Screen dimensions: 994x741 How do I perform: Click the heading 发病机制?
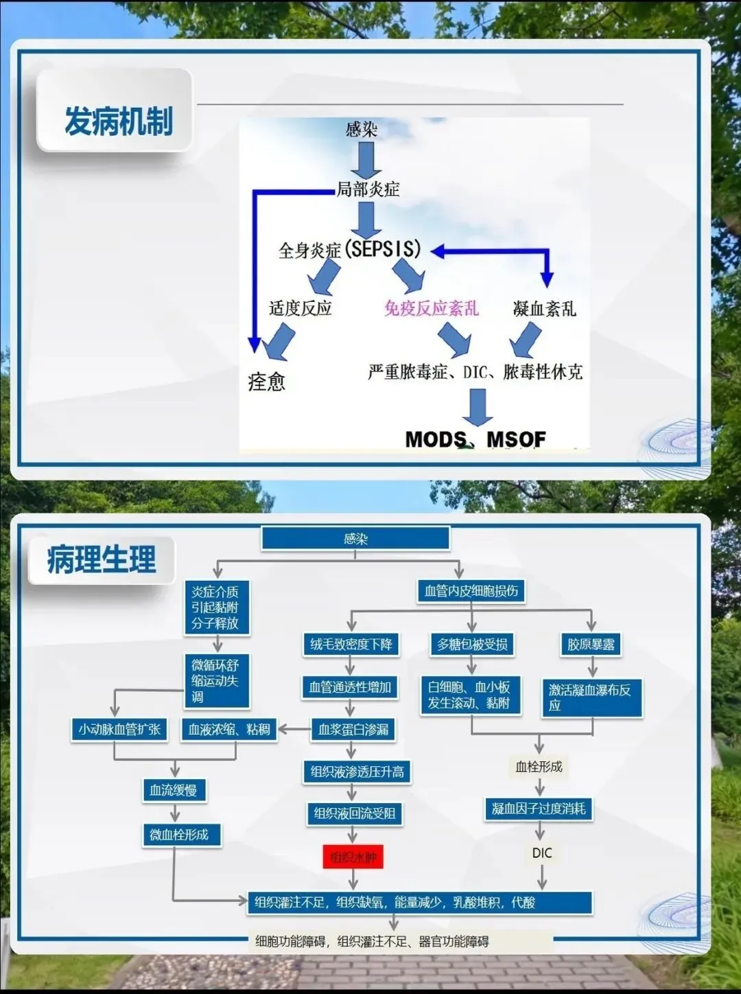(118, 122)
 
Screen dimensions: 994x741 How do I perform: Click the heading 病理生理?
(102, 559)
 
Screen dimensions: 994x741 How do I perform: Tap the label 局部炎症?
(368, 189)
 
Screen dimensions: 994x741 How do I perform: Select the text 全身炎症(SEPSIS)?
(349, 249)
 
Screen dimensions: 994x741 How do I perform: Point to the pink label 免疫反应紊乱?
(431, 308)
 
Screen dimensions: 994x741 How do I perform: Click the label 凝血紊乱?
(544, 309)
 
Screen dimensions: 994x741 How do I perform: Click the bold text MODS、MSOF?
(475, 439)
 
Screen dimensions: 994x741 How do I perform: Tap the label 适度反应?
(301, 308)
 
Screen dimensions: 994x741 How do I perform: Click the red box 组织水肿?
(353, 857)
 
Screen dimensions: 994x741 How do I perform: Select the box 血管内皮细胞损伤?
(471, 591)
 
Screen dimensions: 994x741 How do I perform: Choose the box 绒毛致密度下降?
(351, 645)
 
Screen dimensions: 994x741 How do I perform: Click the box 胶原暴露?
(591, 645)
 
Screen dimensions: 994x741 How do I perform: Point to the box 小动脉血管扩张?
(120, 729)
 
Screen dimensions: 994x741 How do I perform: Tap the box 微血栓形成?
(180, 835)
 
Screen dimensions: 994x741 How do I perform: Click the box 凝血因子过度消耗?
(539, 809)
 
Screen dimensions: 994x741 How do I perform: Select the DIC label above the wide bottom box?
(541, 853)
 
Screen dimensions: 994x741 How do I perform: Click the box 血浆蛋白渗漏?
(353, 729)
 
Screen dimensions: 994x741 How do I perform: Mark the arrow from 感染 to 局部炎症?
(366, 159)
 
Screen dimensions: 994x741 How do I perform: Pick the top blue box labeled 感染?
(355, 539)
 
